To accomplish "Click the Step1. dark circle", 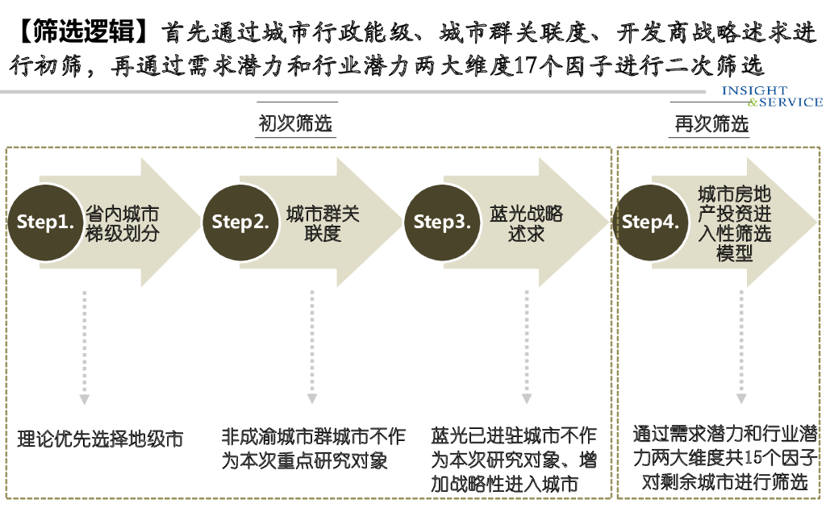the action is [x=45, y=223].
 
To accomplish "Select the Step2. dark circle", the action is [x=240, y=223].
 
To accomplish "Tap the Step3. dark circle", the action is [x=442, y=223].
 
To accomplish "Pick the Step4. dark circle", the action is [x=650, y=223].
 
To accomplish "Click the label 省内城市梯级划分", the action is [x=122, y=223].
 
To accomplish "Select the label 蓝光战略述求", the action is [x=526, y=223].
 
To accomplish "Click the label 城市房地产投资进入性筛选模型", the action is [x=734, y=223].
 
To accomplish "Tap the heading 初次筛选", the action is [x=295, y=123].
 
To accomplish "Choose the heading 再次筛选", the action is [x=711, y=123].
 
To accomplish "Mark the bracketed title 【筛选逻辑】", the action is [x=81, y=32].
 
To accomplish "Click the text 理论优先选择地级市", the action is [x=101, y=439].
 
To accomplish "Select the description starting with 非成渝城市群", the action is [x=314, y=448].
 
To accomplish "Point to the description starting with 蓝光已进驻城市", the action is [x=514, y=460].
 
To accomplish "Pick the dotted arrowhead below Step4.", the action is [x=740, y=398].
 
